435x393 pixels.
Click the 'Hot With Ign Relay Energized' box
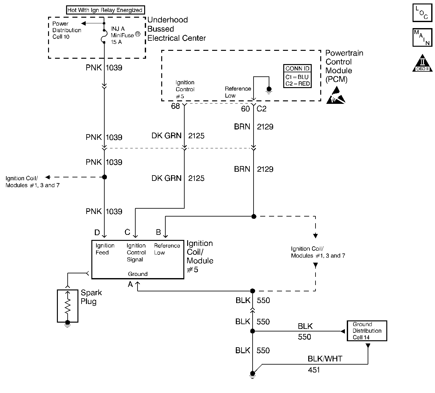point(105,10)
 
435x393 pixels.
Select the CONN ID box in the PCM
point(297,76)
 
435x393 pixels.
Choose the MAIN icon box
point(422,38)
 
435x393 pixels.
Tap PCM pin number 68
point(175,106)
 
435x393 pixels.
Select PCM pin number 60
point(245,109)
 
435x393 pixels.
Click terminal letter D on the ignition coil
point(97,233)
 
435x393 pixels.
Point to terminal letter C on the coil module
point(127,232)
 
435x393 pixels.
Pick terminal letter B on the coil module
point(158,233)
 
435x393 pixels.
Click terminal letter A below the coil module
point(130,284)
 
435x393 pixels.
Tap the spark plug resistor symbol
point(67,306)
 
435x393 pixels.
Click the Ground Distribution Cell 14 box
point(367,331)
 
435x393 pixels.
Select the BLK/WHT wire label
point(325,359)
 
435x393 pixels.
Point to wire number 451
point(314,370)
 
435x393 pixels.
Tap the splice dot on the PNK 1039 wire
point(105,177)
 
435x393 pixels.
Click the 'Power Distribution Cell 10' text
point(67,30)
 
